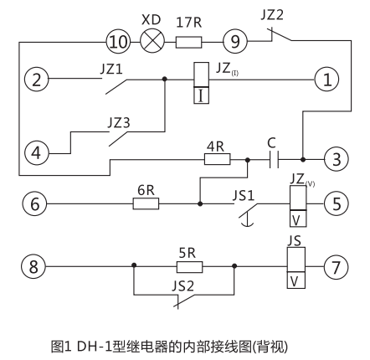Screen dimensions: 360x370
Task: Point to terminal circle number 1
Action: pyautogui.click(x=326, y=80)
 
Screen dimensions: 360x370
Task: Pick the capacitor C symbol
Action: pyautogui.click(x=274, y=157)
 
